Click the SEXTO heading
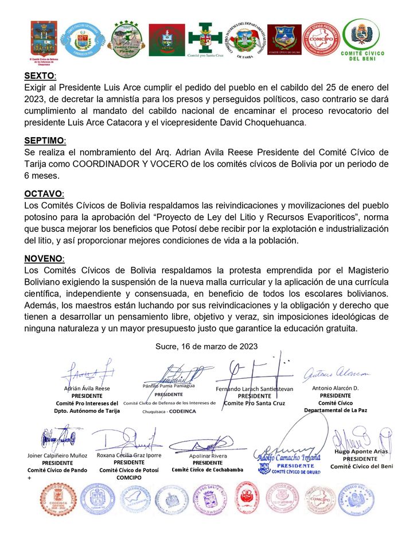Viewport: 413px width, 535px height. (x=40, y=76)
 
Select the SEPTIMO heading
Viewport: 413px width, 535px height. (x=45, y=141)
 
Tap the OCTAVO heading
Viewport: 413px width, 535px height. (x=44, y=194)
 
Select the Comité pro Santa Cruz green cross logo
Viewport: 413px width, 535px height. (x=204, y=40)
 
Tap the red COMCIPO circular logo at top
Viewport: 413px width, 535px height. (x=321, y=39)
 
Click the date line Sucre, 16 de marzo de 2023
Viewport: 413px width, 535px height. (x=206, y=346)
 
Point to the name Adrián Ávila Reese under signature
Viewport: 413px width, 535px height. (x=86, y=388)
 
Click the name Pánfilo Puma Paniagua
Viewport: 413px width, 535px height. (x=169, y=387)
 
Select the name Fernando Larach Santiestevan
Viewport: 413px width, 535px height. (x=254, y=389)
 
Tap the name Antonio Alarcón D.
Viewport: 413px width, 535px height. (x=335, y=388)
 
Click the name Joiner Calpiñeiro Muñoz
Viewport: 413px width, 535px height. (x=57, y=455)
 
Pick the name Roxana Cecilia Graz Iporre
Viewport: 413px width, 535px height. (x=129, y=455)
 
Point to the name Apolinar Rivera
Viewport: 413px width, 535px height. (x=208, y=456)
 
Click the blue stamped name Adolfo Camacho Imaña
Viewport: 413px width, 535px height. (x=286, y=458)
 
